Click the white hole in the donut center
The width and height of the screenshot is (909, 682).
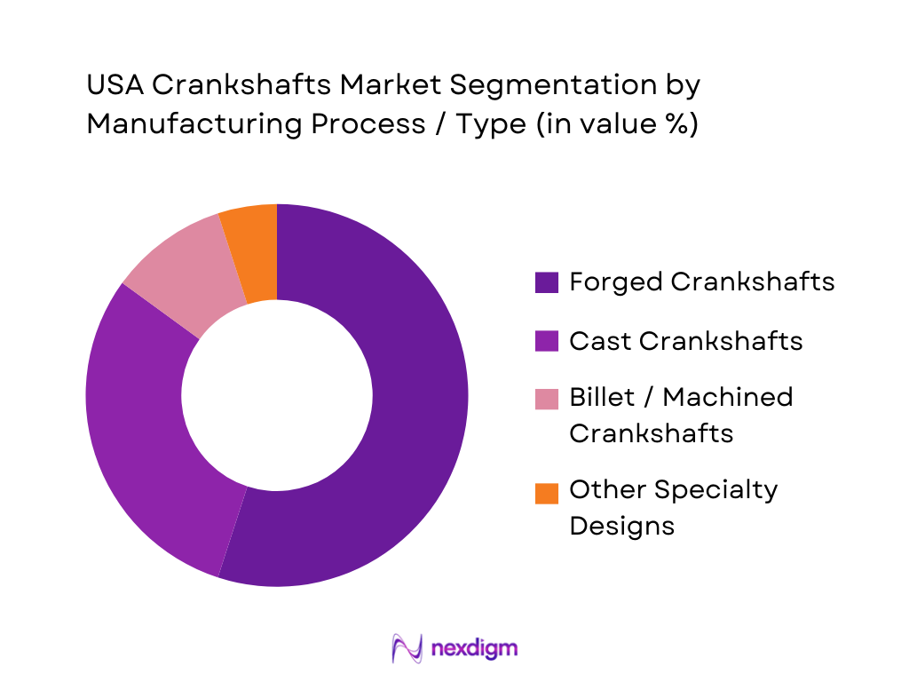click(277, 395)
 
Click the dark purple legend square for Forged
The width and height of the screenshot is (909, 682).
click(547, 282)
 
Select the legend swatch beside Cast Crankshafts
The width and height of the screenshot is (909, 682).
click(547, 341)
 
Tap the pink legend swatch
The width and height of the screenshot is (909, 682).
click(547, 399)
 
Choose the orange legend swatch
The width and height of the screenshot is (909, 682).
click(547, 492)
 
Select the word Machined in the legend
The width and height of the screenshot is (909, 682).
click(728, 397)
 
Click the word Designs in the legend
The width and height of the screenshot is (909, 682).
click(621, 526)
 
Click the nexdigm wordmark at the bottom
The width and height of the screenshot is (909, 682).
click(474, 648)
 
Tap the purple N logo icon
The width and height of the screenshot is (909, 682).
click(407, 648)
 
